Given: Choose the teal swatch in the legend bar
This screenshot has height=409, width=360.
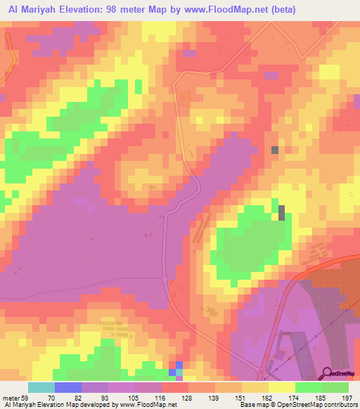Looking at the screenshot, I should pyautogui.click(x=41, y=387).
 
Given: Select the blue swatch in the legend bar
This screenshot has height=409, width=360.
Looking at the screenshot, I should pyautogui.click(x=68, y=387).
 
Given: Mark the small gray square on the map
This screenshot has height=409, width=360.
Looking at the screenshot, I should pyautogui.click(x=274, y=150).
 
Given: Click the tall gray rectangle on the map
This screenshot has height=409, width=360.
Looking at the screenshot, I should pyautogui.click(x=282, y=212).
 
